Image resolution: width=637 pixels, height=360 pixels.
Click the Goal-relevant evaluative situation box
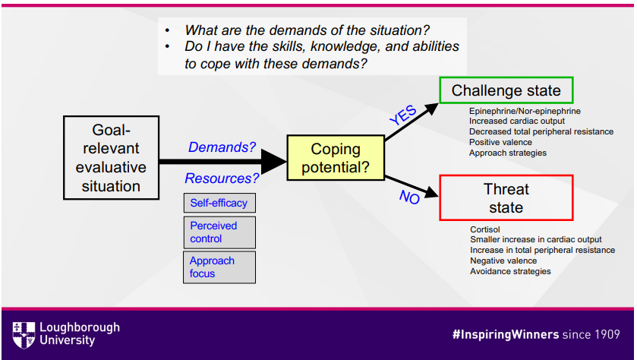[x=111, y=157]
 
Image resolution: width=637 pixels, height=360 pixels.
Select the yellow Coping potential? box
[x=336, y=158]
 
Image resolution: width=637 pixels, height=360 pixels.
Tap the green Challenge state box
[x=506, y=91]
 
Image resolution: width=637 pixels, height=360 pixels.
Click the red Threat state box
[x=506, y=197]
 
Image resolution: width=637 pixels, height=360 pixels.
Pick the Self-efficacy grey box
[x=219, y=203]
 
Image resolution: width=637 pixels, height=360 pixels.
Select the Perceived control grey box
[x=219, y=232]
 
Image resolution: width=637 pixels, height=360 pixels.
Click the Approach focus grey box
[x=219, y=267]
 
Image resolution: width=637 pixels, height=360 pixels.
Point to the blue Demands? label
[x=222, y=147]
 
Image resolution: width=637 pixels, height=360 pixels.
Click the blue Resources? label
[x=222, y=178]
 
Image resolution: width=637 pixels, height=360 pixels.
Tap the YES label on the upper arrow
[x=402, y=115]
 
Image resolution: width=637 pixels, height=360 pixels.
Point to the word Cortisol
[x=485, y=229]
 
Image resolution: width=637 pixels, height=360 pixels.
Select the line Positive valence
[x=500, y=142]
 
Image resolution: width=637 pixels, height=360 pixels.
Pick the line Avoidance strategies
[x=510, y=271]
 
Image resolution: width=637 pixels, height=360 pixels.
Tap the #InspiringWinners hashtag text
[x=505, y=334]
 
